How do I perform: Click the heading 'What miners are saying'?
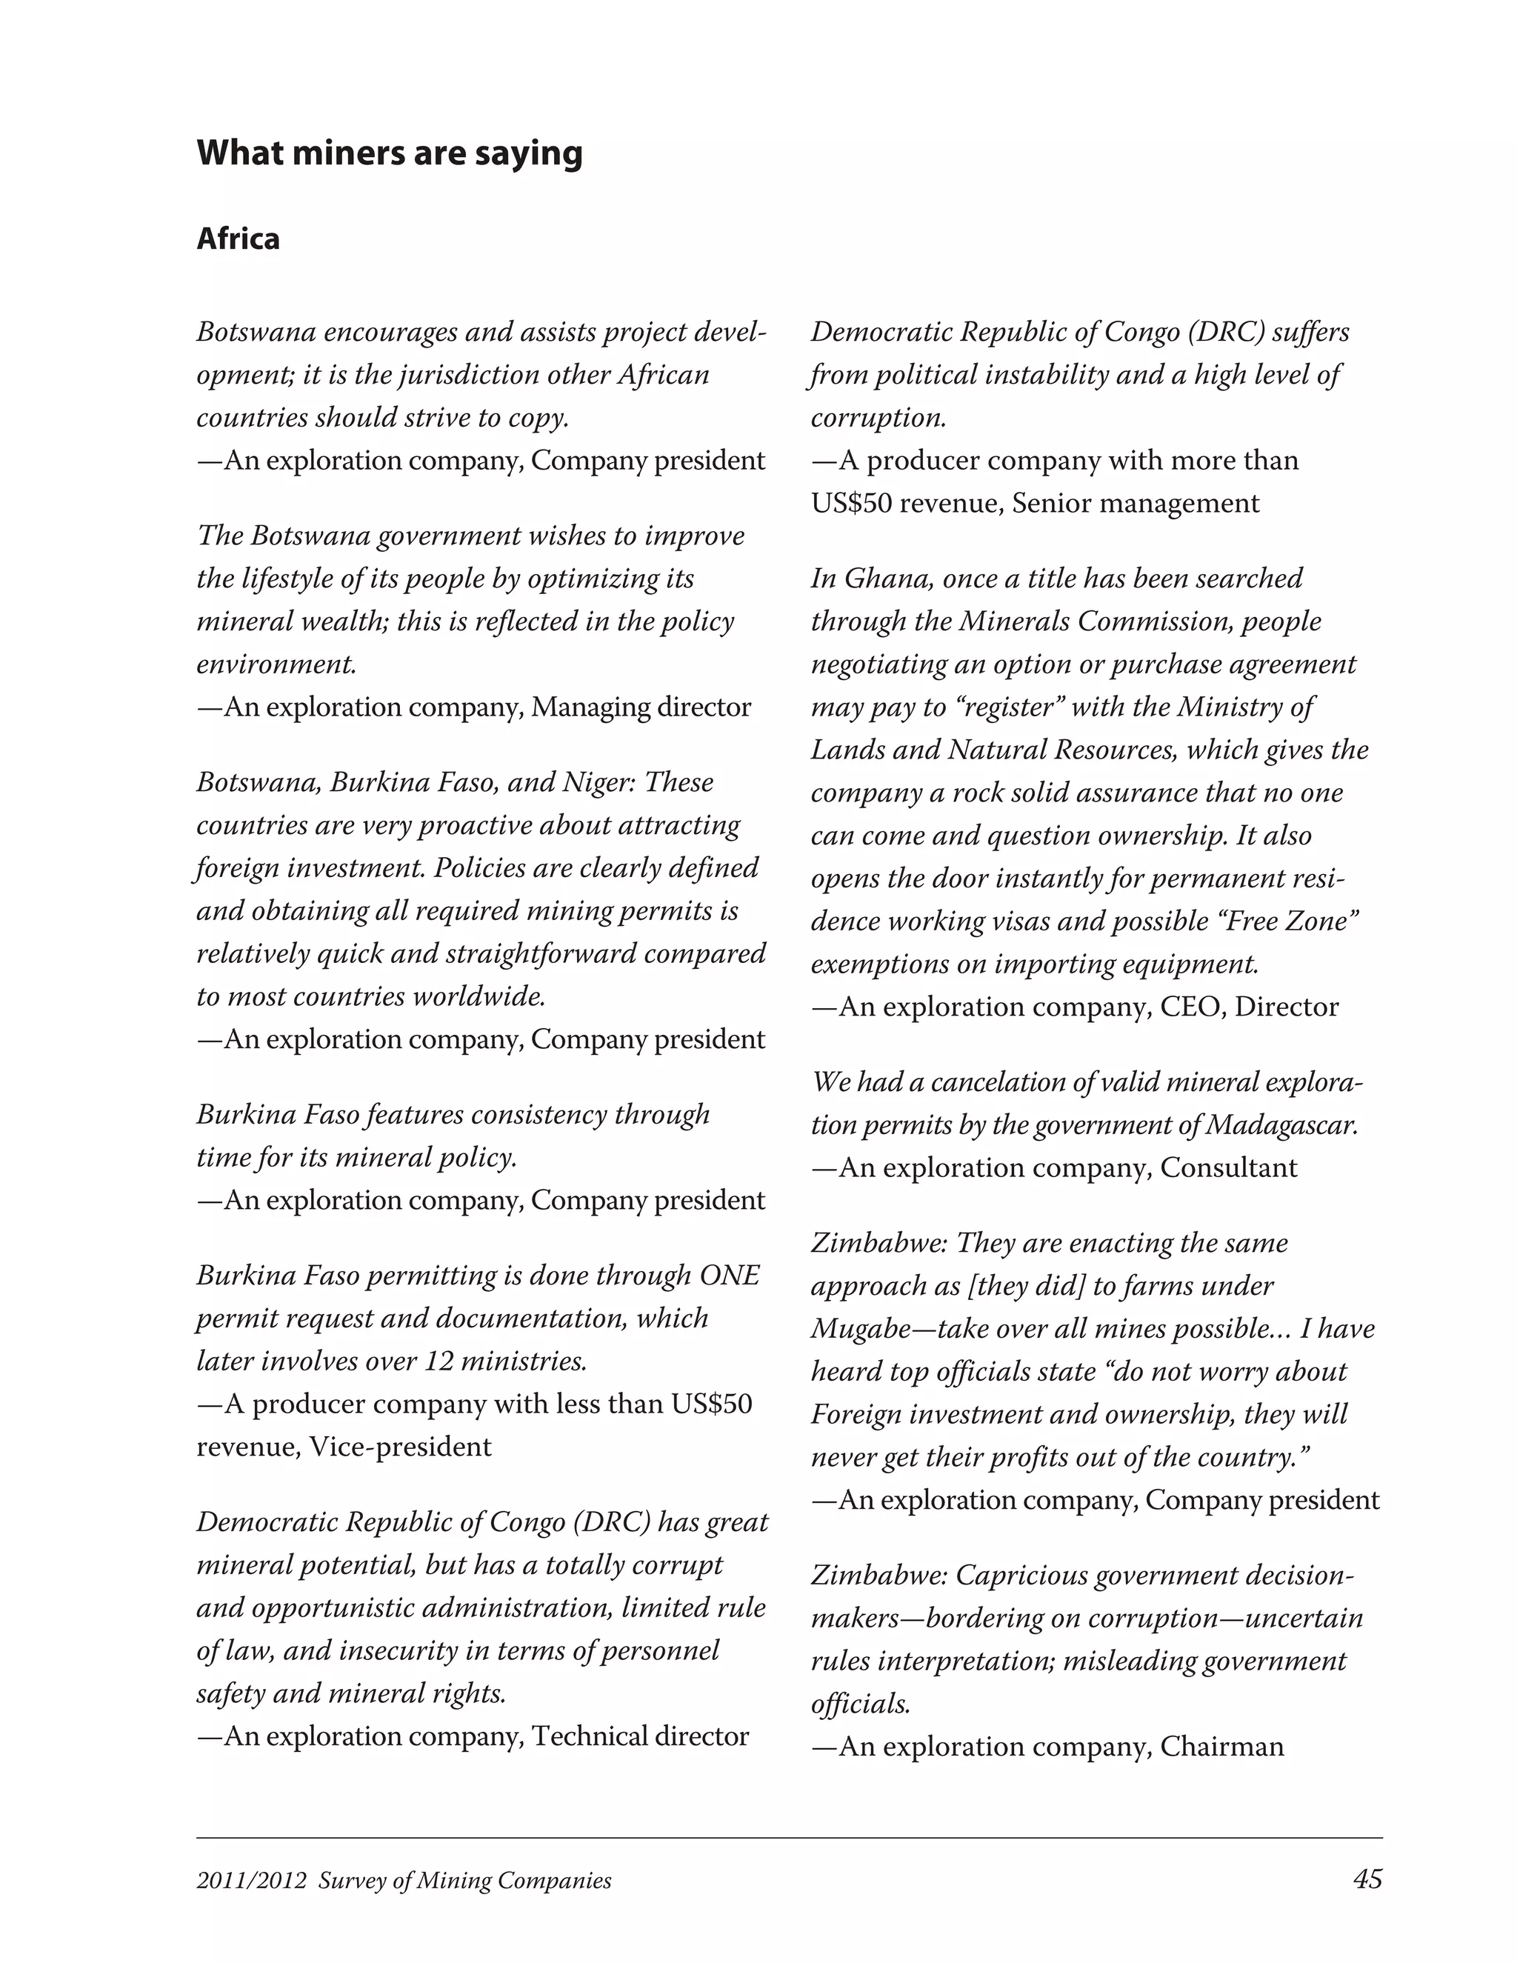pyautogui.click(x=389, y=153)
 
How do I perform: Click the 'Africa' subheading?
pyautogui.click(x=239, y=239)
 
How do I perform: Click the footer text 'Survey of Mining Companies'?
pyautogui.click(x=464, y=1882)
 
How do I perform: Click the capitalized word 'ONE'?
pyautogui.click(x=729, y=1275)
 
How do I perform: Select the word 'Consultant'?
pyautogui.click(x=1229, y=1167)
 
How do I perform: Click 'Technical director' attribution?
pyautogui.click(x=640, y=1735)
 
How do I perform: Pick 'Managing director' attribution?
pyautogui.click(x=641, y=707)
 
